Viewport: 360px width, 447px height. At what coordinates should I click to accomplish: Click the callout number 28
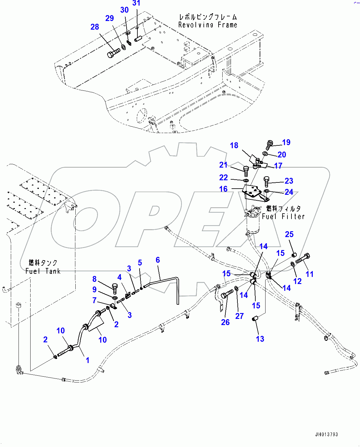coord(95,27)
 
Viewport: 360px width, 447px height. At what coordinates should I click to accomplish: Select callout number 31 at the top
coord(136,3)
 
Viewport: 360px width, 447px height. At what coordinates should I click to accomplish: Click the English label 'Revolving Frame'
coord(208,25)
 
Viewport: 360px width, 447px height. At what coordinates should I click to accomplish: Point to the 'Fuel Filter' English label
coord(283,217)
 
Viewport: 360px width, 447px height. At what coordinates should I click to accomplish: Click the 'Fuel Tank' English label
coord(43,271)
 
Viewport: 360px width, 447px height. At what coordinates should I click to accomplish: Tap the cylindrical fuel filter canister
coord(253,224)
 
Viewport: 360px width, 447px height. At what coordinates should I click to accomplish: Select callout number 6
coord(158,260)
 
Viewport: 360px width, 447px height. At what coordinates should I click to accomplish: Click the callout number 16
coord(223,189)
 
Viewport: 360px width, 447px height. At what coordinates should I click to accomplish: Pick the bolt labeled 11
coord(303,258)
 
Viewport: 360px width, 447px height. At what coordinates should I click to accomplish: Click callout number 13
coord(260,339)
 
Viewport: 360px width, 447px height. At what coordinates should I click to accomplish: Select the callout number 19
coord(286,142)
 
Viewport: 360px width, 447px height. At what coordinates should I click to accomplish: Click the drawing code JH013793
coord(326,434)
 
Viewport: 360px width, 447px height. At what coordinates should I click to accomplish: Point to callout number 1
coord(87,360)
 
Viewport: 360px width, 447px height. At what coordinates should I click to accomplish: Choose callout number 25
coord(289,234)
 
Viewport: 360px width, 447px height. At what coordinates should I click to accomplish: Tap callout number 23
coord(289,181)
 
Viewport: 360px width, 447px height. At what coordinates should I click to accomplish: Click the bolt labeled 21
coord(246,171)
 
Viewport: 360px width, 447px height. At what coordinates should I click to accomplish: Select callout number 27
coord(239,316)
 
